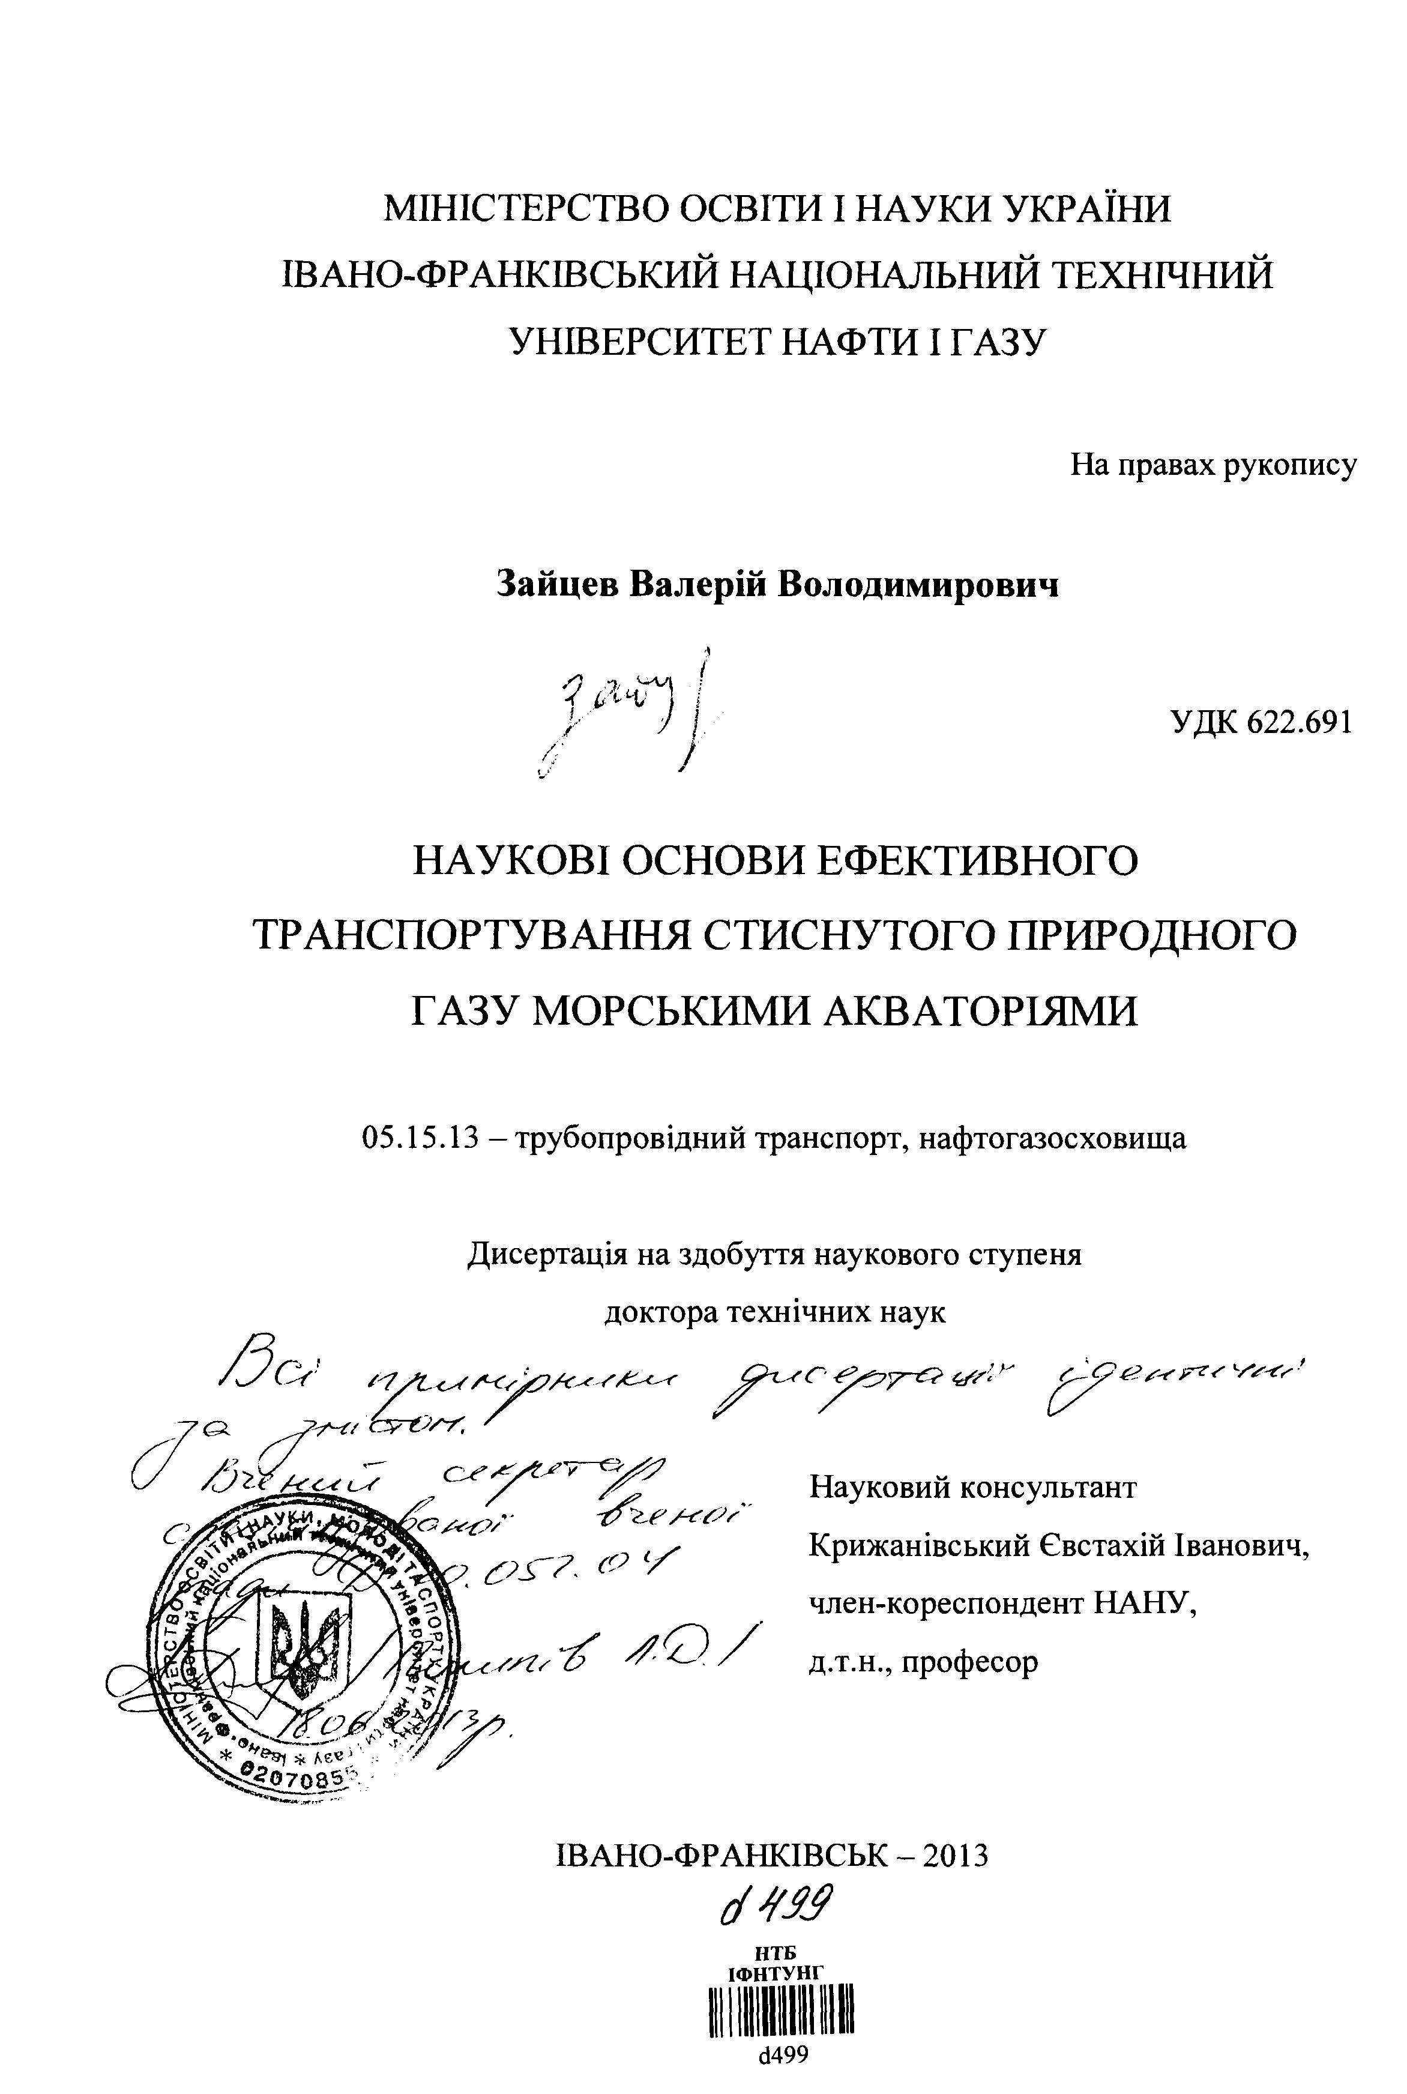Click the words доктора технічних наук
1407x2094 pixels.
tap(776, 1312)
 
